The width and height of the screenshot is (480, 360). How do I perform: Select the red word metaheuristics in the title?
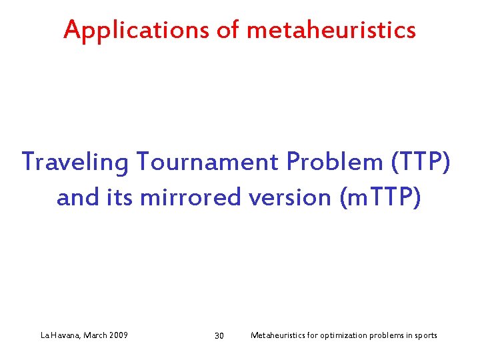pyautogui.click(x=331, y=30)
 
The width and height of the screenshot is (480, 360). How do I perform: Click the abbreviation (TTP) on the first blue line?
pyautogui.click(x=418, y=161)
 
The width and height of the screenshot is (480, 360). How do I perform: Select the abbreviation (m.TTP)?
pyautogui.click(x=380, y=198)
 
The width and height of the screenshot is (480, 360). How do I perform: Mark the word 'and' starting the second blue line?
pyautogui.click(x=77, y=198)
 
